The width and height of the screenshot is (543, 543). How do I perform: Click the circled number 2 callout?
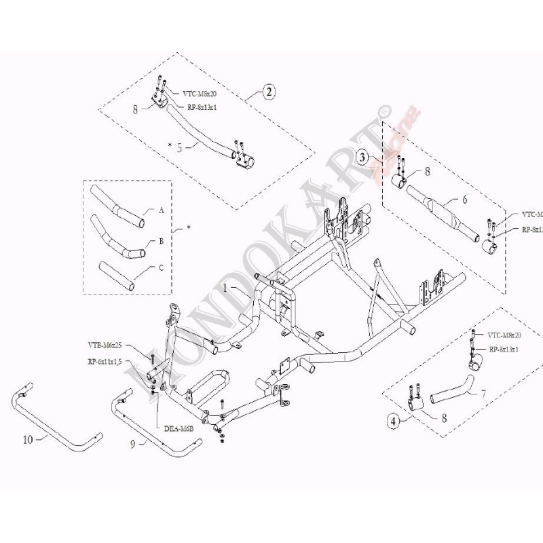click(269, 93)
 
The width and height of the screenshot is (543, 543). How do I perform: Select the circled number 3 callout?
click(364, 158)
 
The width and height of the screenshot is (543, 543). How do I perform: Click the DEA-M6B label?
click(179, 428)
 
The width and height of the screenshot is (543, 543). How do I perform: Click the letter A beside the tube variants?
click(162, 211)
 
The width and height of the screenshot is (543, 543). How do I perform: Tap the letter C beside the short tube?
click(161, 267)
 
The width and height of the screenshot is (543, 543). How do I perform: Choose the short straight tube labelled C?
click(116, 276)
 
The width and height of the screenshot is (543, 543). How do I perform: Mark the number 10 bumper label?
click(28, 439)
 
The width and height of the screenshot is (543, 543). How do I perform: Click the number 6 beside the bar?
click(464, 201)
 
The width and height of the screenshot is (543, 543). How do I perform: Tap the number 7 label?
click(483, 394)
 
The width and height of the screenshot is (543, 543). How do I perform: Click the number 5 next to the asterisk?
click(179, 145)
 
